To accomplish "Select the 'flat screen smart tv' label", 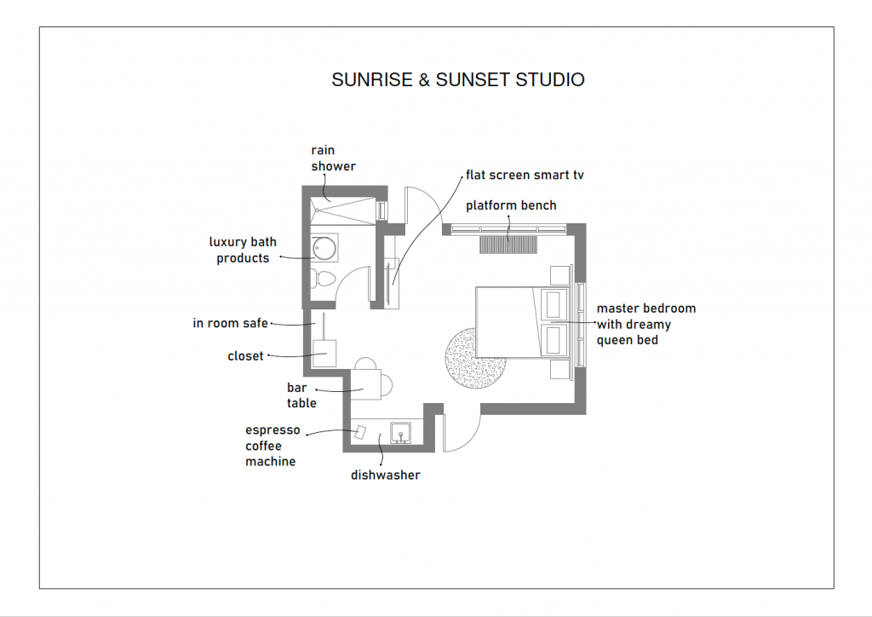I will click(x=525, y=176).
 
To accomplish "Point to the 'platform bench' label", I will click(x=511, y=205).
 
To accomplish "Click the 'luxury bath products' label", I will click(x=243, y=251).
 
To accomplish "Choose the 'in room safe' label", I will click(x=230, y=323).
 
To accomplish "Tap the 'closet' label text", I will click(x=245, y=356).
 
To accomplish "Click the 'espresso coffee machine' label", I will click(x=272, y=446).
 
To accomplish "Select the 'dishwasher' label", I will click(x=385, y=475).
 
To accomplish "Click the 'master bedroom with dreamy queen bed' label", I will click(x=645, y=324).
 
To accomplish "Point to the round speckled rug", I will click(x=473, y=358).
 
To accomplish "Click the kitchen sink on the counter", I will click(x=400, y=433).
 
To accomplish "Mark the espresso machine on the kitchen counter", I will click(x=360, y=432).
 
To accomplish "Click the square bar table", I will click(x=365, y=380).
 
